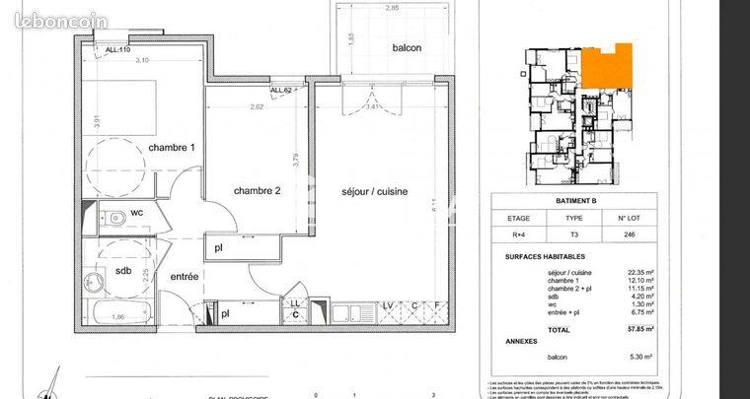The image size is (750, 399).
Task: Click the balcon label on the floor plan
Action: pos(407,48)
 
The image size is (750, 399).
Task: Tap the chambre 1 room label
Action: pos(172,147)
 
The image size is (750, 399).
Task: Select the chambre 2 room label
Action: pos(258,191)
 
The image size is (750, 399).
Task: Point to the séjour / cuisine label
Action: pos(375,191)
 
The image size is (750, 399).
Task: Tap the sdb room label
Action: pos(123,270)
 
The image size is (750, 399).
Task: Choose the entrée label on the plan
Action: pos(184,277)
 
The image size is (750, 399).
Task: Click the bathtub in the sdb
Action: pos(118,317)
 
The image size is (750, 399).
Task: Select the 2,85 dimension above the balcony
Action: pos(392,8)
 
